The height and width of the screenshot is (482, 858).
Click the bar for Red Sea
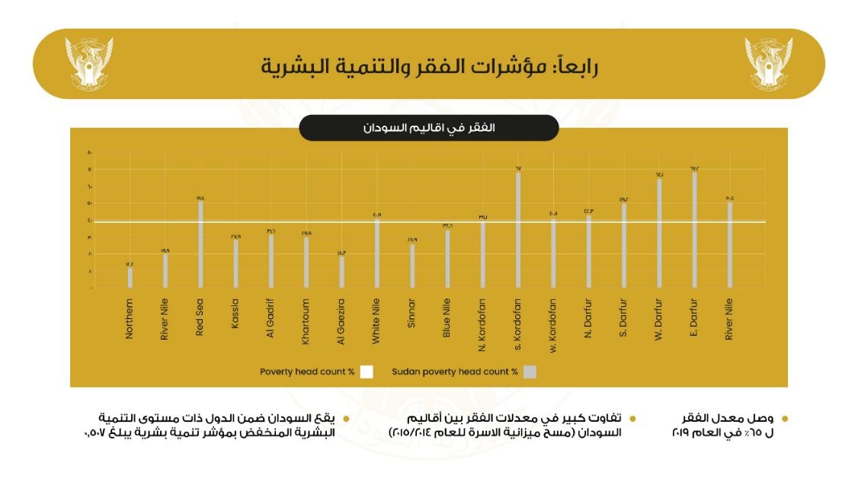(x=201, y=244)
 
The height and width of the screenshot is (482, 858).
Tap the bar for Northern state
(x=130, y=277)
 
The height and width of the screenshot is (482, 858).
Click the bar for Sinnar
(x=412, y=266)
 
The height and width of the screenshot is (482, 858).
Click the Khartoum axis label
(x=306, y=321)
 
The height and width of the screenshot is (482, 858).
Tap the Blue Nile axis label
(x=447, y=321)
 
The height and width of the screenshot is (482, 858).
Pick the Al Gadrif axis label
(x=271, y=321)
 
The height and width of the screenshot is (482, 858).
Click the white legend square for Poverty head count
(x=367, y=372)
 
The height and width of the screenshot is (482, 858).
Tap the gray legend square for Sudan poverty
(x=530, y=372)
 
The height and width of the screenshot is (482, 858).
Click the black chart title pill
(x=428, y=128)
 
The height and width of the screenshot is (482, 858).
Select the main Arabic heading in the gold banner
(x=429, y=65)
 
